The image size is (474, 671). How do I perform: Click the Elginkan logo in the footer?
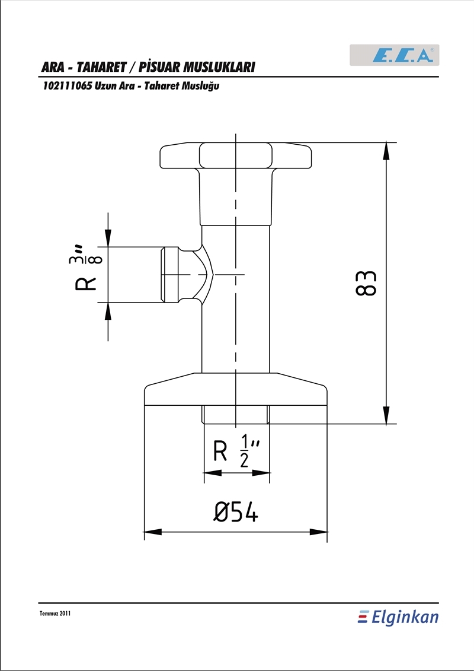[398, 617]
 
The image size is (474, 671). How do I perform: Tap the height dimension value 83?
[366, 283]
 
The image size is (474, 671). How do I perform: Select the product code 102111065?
[67, 86]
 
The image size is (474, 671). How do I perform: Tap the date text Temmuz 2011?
[55, 613]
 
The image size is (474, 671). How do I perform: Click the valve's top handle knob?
[235, 156]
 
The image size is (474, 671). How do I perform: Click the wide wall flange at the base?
[235, 389]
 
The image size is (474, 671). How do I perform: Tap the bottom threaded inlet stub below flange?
[235, 415]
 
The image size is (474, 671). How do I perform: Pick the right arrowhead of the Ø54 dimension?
[318, 532]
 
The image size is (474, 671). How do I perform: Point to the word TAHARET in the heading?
[102, 67]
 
